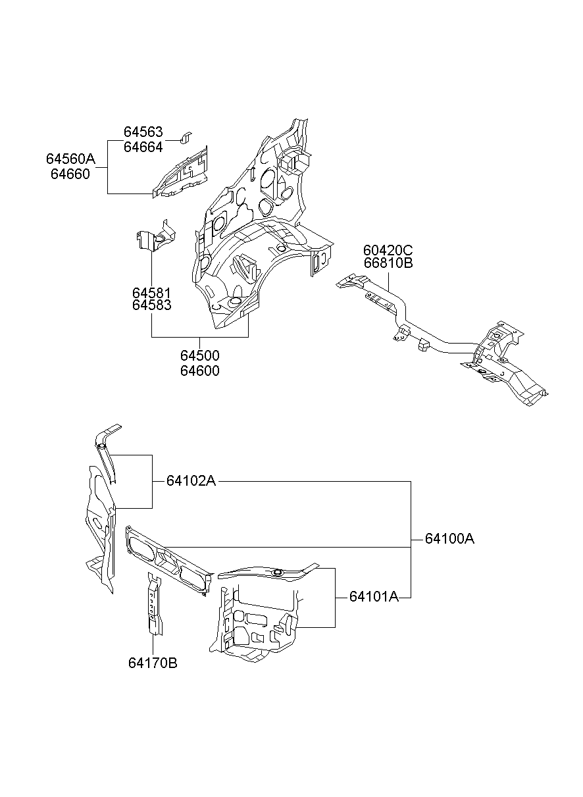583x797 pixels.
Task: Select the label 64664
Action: pyautogui.click(x=143, y=147)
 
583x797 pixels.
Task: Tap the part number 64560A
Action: pyautogui.click(x=71, y=159)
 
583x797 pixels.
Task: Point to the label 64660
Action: pyautogui.click(x=70, y=174)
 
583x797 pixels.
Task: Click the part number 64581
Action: pyautogui.click(x=152, y=293)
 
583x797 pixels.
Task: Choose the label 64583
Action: pyautogui.click(x=152, y=305)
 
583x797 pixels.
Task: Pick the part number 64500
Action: pyautogui.click(x=200, y=355)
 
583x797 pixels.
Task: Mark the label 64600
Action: pyautogui.click(x=200, y=371)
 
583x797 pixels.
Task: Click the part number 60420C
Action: pyautogui.click(x=388, y=251)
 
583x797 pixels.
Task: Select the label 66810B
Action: pyautogui.click(x=388, y=263)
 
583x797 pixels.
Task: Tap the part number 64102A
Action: pyautogui.click(x=191, y=481)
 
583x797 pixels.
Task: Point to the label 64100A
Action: pyautogui.click(x=450, y=539)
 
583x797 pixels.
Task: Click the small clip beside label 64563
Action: pyautogui.click(x=186, y=138)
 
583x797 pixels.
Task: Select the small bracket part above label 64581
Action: pyautogui.click(x=156, y=235)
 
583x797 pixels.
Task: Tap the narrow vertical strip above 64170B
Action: pyautogui.click(x=155, y=604)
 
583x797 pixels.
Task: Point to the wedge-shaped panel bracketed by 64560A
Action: pyautogui.click(x=182, y=172)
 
